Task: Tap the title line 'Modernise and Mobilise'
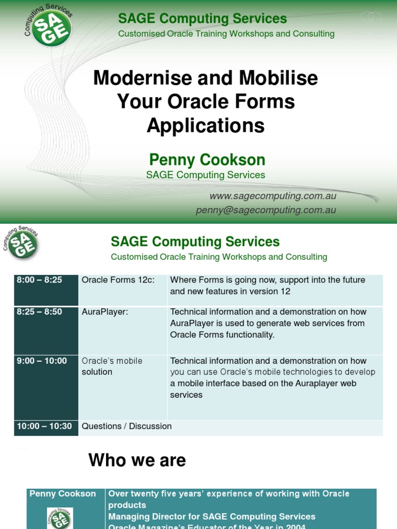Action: pyautogui.click(x=205, y=78)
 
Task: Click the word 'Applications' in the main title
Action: pyautogui.click(x=205, y=126)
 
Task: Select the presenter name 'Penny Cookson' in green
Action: pyautogui.click(x=207, y=160)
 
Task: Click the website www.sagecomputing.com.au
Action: pyautogui.click(x=272, y=196)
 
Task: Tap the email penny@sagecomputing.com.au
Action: pyautogui.click(x=266, y=210)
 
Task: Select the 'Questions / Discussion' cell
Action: pyautogui.click(x=127, y=426)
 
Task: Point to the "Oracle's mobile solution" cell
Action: pyautogui.click(x=112, y=366)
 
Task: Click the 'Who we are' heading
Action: pyautogui.click(x=137, y=460)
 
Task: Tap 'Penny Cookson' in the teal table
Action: pyautogui.click(x=63, y=494)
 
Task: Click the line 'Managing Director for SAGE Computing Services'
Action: pyautogui.click(x=211, y=517)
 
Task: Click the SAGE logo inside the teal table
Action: pyautogui.click(x=60, y=518)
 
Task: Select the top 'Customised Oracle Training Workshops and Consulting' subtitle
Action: pyautogui.click(x=226, y=34)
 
